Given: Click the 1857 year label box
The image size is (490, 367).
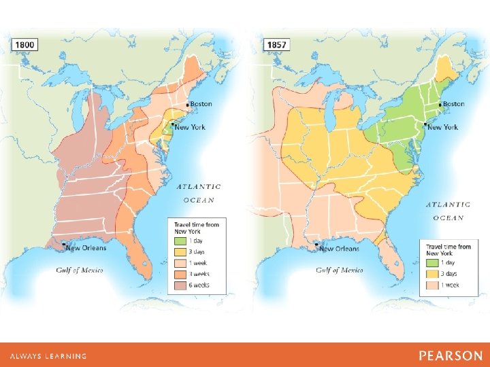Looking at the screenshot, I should [x=277, y=45].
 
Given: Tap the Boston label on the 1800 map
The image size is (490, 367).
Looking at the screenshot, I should [x=201, y=104].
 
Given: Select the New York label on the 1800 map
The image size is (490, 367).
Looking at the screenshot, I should [x=191, y=127].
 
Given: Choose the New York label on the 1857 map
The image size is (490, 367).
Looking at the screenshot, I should [x=442, y=127].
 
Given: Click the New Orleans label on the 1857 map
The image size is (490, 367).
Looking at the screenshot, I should [x=339, y=249].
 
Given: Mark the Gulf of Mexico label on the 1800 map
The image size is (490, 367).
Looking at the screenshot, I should [x=79, y=270].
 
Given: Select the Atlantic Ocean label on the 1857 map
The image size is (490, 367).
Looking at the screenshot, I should [x=448, y=211].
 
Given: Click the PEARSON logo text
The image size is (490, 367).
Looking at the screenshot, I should [x=451, y=356].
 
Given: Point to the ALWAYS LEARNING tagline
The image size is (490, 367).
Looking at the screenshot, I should [x=48, y=356].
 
